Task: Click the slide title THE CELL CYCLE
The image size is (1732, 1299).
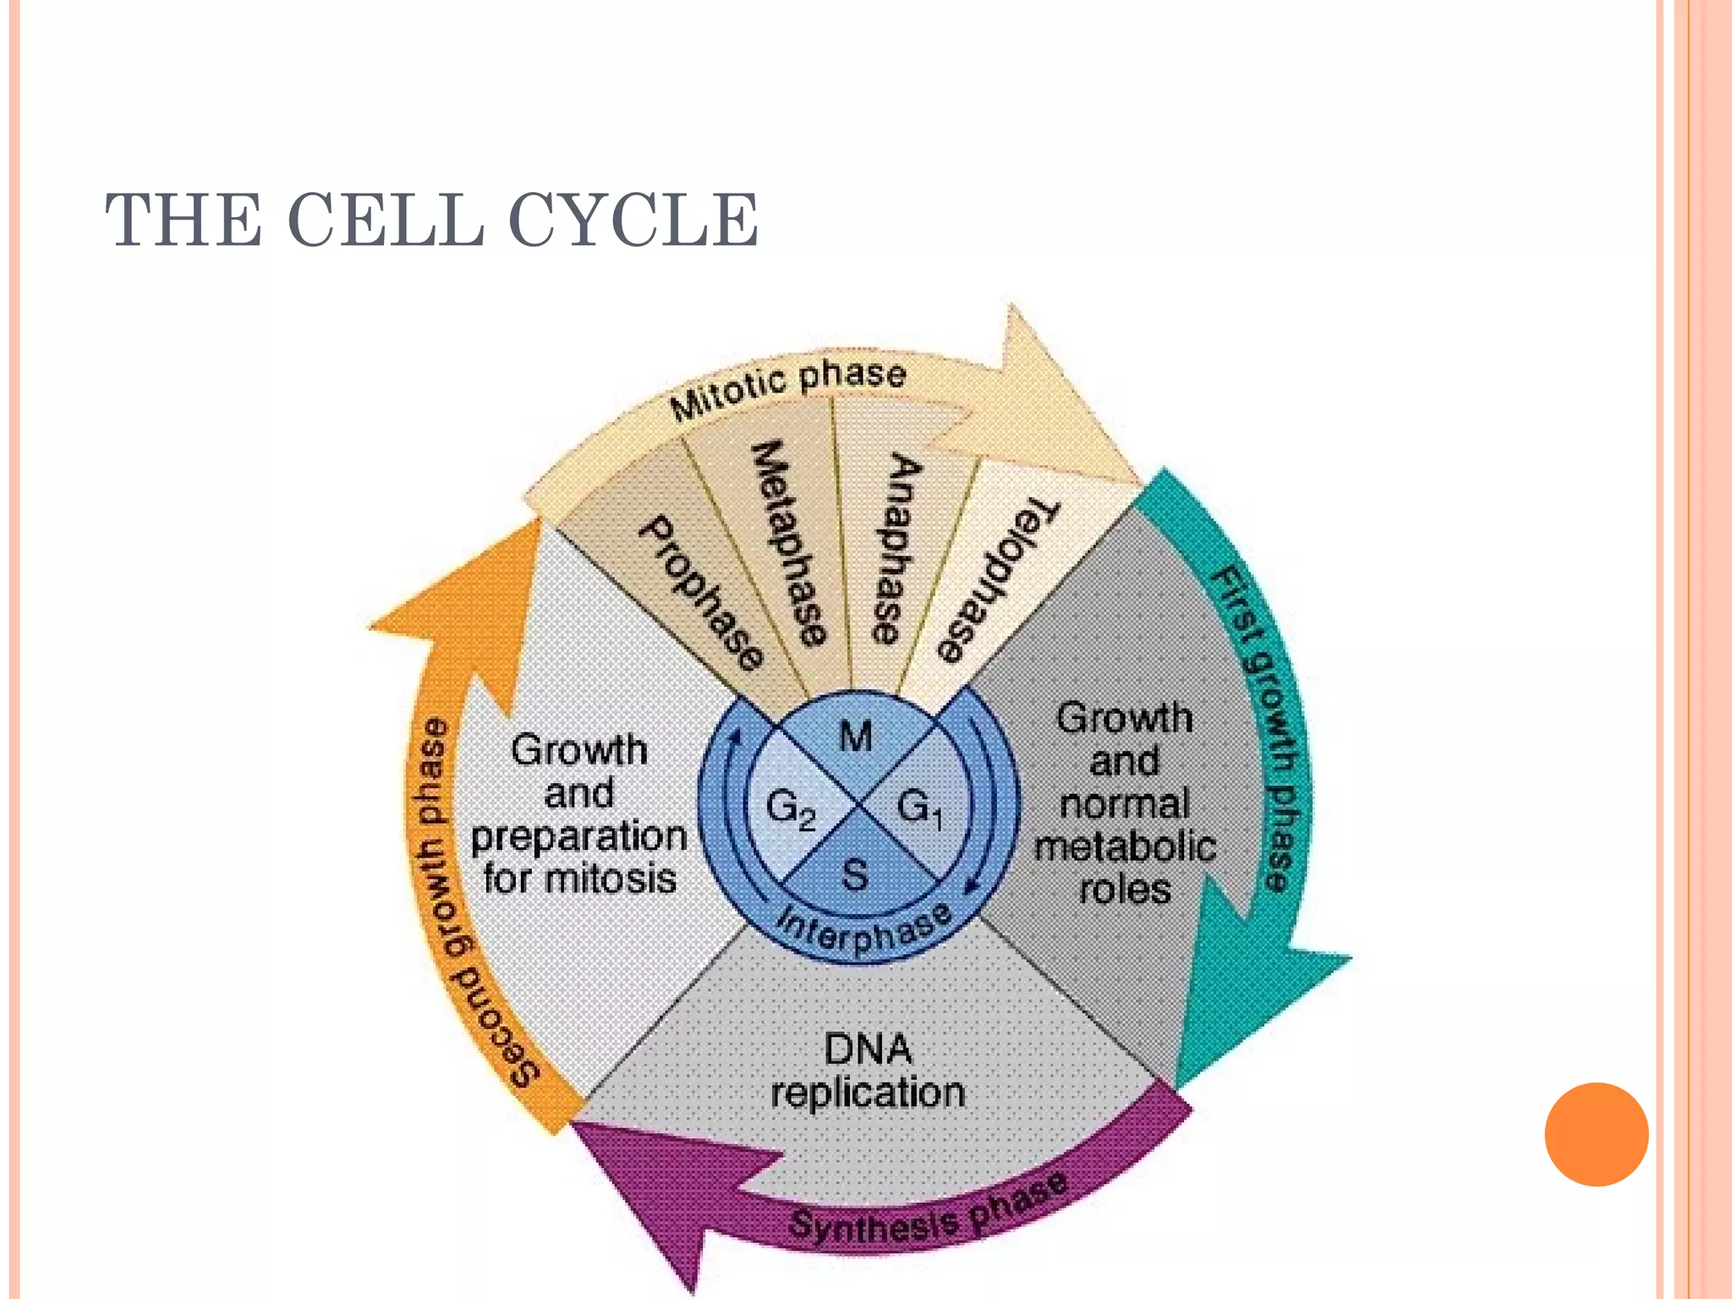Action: coord(431,220)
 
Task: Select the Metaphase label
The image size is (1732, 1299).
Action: coord(788,543)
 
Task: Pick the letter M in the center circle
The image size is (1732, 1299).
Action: coord(856,737)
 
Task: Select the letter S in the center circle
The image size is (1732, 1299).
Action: coord(855,874)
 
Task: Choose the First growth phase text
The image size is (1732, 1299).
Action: coord(1260,727)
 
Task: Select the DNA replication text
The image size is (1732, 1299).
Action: coord(868,1071)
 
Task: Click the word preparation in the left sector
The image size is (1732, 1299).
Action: coord(579,836)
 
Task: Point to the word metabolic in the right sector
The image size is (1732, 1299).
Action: coord(1125,847)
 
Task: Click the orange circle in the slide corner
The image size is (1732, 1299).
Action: coord(1596,1134)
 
